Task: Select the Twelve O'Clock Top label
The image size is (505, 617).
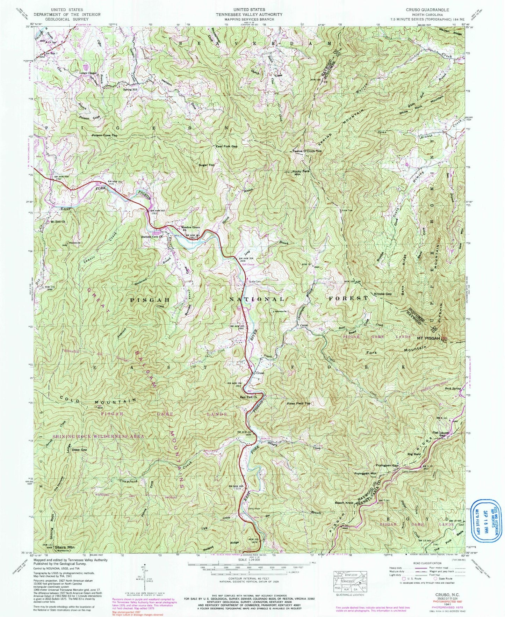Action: tap(307, 151)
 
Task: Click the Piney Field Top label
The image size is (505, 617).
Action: tap(298, 403)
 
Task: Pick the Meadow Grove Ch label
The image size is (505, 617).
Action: tap(190, 228)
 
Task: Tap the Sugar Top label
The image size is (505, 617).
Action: tap(206, 165)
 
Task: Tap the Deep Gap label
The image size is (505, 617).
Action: tap(79, 450)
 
